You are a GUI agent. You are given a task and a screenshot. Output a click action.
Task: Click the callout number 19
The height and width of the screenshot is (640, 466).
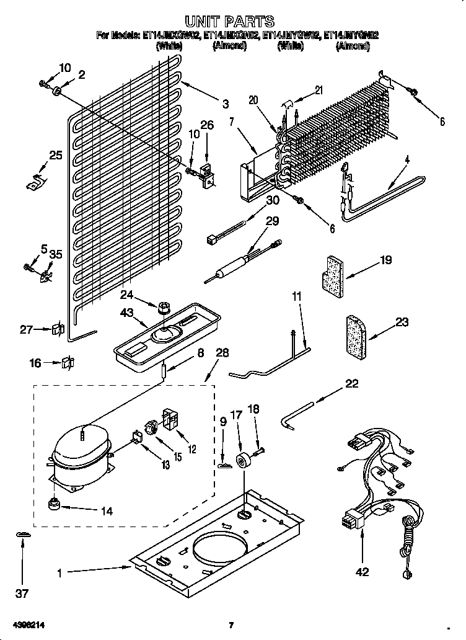(x=385, y=260)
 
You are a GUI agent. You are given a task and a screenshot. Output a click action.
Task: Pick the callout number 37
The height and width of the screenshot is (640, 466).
(x=22, y=594)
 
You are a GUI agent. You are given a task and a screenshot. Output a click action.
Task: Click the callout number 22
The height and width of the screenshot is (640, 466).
(x=351, y=384)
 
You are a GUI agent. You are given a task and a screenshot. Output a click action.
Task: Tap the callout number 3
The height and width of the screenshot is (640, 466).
(x=225, y=104)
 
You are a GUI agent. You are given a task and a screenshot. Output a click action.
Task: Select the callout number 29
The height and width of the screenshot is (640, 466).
(x=273, y=220)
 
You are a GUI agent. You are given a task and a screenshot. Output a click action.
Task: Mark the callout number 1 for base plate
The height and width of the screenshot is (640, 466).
(x=59, y=574)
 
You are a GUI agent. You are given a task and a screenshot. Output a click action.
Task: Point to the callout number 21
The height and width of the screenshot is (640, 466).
(x=319, y=91)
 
